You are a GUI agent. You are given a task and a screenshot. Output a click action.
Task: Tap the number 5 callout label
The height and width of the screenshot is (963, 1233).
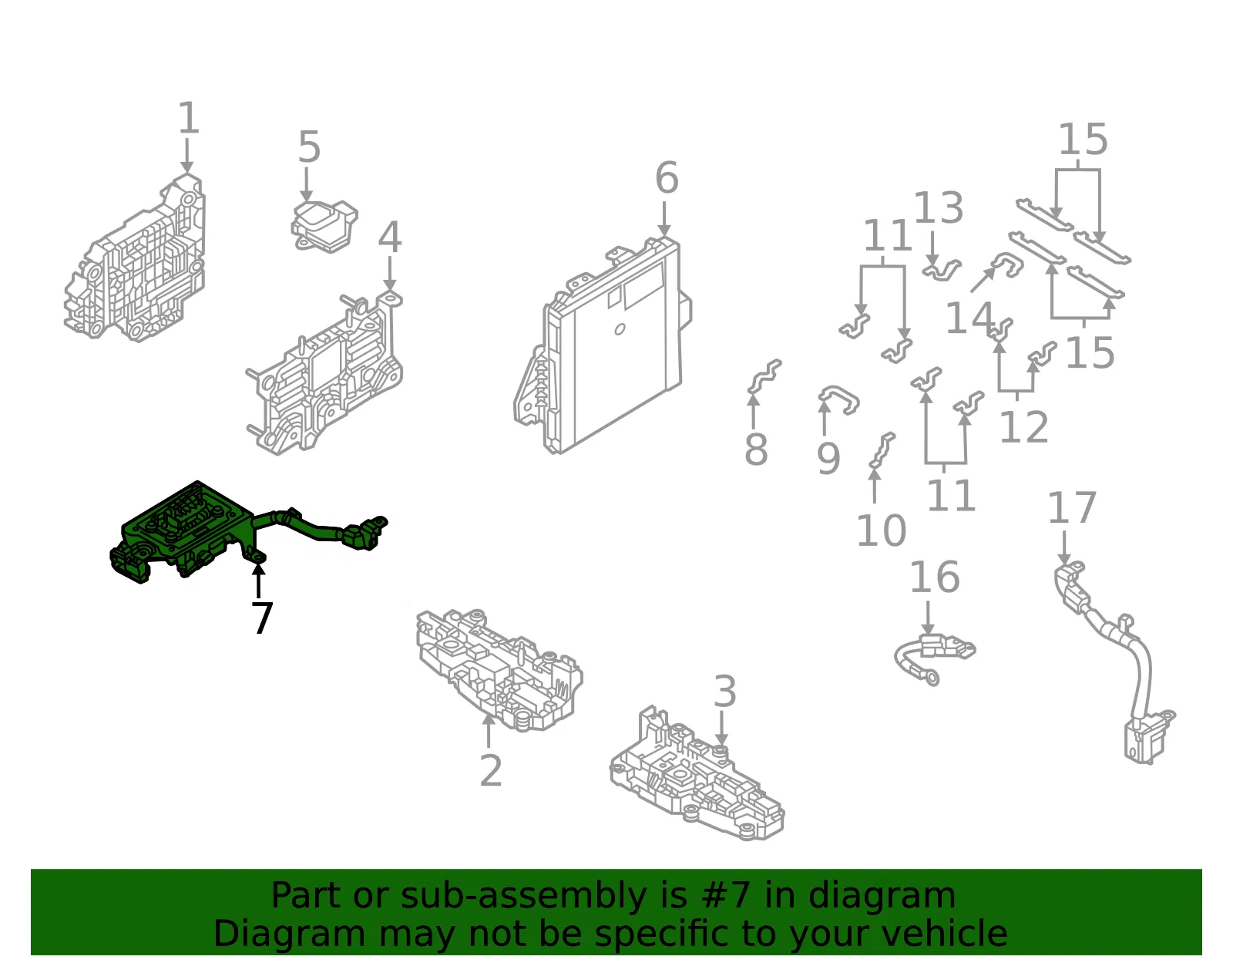(309, 146)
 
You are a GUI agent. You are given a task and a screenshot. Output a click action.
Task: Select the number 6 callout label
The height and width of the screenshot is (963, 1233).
(667, 177)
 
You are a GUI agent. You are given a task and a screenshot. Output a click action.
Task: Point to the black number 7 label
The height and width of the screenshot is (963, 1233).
(262, 618)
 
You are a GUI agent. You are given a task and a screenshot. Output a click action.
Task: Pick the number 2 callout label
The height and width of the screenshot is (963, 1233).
(491, 770)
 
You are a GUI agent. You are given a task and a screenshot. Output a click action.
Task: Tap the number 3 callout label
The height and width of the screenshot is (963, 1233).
(725, 691)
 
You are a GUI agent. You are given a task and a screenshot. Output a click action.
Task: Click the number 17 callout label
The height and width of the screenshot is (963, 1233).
(1072, 507)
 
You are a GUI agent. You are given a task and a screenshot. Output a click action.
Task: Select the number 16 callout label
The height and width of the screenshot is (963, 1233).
(935, 577)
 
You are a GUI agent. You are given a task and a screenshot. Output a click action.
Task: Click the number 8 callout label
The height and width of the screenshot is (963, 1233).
(757, 449)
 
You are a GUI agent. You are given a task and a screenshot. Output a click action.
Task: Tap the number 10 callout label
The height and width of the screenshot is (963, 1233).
(882, 530)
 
